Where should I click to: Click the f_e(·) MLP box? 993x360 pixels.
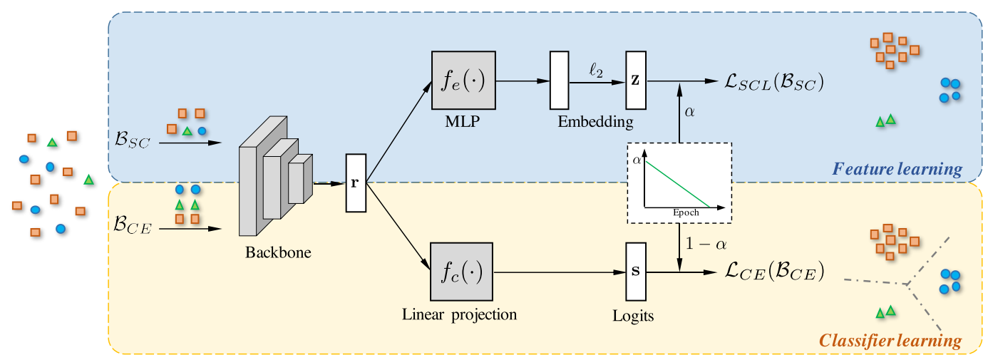click(x=463, y=80)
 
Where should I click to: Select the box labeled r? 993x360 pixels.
click(x=355, y=182)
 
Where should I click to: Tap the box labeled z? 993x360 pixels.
click(x=635, y=81)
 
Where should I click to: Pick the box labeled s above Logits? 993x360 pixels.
click(x=635, y=272)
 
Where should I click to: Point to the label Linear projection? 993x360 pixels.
click(x=459, y=314)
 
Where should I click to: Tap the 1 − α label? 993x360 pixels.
click(x=704, y=245)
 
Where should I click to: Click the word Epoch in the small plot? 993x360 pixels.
click(x=686, y=212)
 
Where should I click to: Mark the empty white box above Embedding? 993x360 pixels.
click(x=559, y=81)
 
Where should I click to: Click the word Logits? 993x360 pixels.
click(x=634, y=315)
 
